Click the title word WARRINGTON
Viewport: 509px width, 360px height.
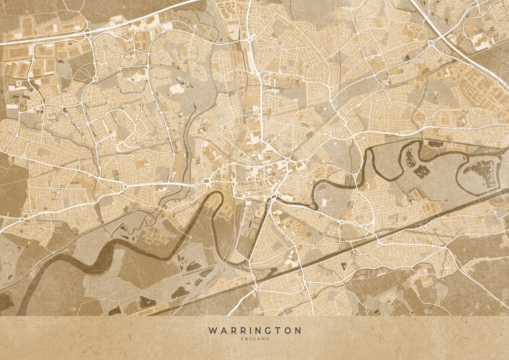(254, 330)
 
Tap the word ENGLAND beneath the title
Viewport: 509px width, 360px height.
(254, 339)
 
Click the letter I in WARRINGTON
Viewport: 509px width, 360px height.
(245, 330)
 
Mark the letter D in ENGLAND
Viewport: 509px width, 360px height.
(268, 339)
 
